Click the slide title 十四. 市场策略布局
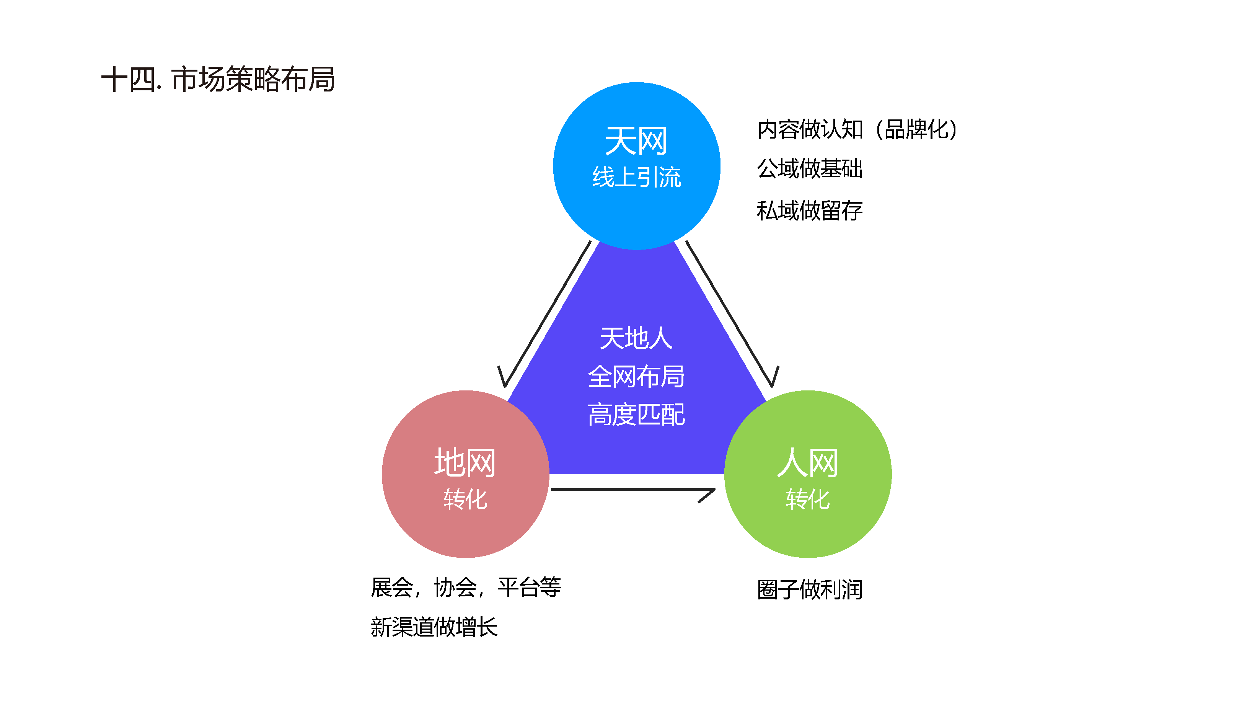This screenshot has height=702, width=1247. (x=218, y=79)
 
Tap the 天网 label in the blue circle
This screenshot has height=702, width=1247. (x=636, y=141)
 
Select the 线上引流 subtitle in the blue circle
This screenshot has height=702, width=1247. (x=636, y=177)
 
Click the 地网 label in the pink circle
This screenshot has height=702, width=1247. (x=465, y=463)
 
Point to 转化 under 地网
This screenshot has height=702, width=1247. (x=465, y=499)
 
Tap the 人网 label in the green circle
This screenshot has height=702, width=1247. (x=807, y=463)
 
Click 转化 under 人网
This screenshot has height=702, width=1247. (x=807, y=499)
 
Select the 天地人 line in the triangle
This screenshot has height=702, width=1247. (x=636, y=338)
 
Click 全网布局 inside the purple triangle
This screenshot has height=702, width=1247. (x=636, y=376)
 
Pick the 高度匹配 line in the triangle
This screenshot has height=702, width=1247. (x=636, y=415)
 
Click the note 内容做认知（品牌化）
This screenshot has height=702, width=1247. (x=857, y=129)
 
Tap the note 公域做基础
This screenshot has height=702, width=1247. (x=809, y=168)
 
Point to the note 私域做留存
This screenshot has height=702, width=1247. (x=809, y=211)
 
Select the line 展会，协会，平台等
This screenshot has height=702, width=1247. (x=466, y=587)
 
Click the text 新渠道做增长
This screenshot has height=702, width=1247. (x=434, y=627)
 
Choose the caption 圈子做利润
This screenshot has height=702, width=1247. (x=809, y=590)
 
